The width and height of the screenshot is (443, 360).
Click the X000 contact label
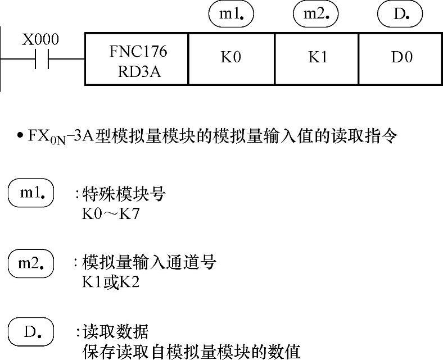[41, 40]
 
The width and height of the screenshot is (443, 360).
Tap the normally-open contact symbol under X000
[42, 59]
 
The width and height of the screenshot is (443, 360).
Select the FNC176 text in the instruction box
[137, 51]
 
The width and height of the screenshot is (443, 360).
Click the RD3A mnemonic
[137, 72]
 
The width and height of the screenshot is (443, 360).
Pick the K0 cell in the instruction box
[231, 58]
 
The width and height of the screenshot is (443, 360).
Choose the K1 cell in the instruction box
[318, 58]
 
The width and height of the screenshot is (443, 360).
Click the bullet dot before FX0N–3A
[19, 136]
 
